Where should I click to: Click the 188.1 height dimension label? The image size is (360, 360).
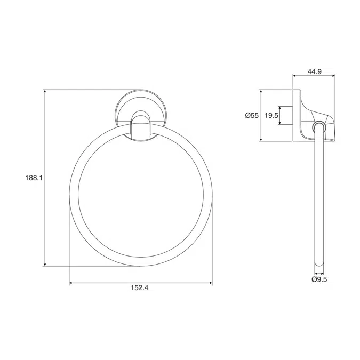(x=33, y=178)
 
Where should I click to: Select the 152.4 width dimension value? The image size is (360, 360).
(x=139, y=288)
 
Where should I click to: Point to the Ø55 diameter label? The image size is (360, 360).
(x=251, y=115)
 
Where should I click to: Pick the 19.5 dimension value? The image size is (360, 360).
(x=271, y=115)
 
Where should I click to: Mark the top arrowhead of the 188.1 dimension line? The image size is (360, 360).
(x=45, y=92)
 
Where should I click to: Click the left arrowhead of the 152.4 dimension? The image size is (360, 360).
(x=71, y=283)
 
